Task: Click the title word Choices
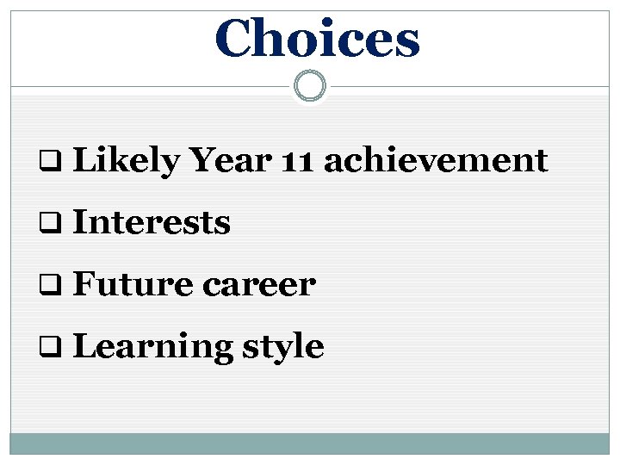317,40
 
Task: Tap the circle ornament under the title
309,86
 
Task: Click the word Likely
126,161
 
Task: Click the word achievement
436,160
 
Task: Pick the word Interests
152,223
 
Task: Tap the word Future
131,284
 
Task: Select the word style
282,347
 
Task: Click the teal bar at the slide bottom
309,443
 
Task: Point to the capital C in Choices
235,40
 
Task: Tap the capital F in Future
84,284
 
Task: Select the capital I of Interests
79,223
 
